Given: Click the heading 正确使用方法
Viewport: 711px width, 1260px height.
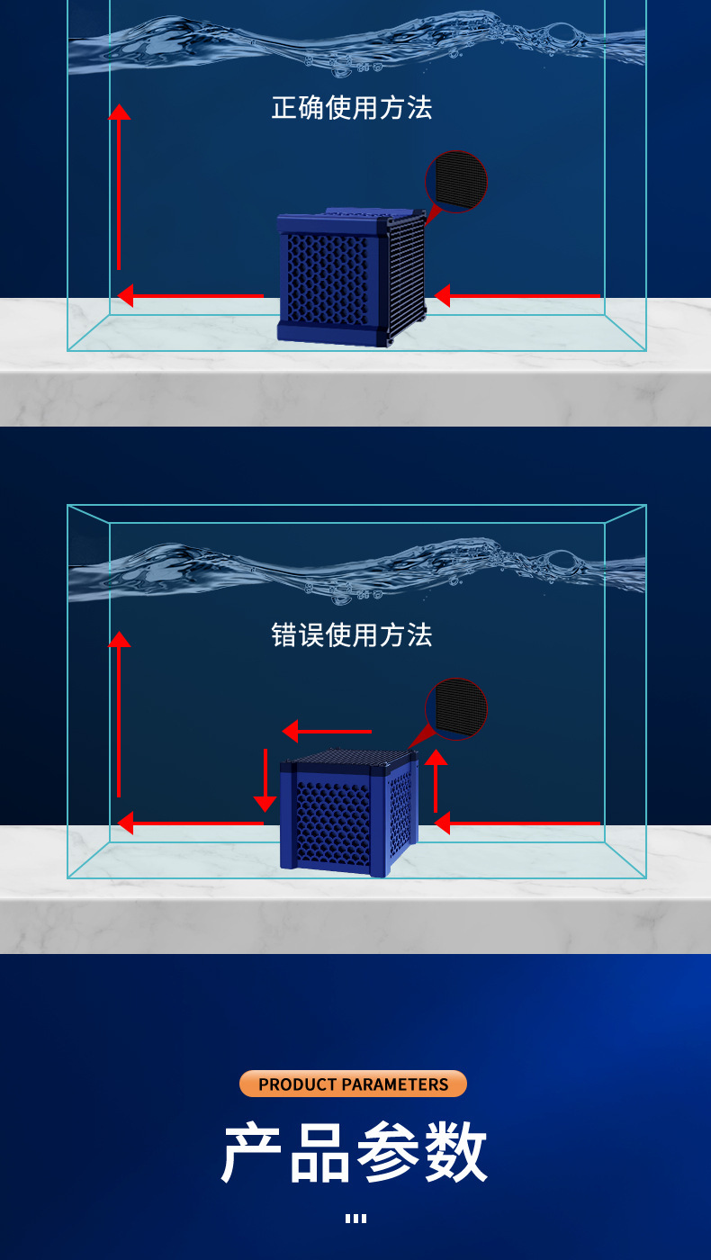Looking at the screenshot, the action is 352,108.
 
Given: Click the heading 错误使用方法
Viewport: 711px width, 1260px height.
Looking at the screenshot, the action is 352,635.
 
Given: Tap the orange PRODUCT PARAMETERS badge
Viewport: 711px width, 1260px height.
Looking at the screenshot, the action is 353,1084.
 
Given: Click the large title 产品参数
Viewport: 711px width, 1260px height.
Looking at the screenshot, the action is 354,1154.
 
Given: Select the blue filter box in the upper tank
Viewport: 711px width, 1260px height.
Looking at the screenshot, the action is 351,277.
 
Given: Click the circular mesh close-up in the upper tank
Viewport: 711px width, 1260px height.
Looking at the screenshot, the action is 456,182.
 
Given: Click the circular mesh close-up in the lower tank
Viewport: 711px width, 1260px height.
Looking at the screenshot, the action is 456,709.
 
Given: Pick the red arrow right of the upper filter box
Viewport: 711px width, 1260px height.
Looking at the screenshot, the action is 517,295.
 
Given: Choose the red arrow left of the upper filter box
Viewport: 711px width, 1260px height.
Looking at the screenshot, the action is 191,295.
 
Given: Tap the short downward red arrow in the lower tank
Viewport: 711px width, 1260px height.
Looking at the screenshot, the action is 265,779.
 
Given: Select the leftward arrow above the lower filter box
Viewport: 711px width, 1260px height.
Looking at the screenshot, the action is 327,732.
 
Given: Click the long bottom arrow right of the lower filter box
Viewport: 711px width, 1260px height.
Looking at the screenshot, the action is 517,823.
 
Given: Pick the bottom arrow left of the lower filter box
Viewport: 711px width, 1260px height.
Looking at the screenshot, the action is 191,823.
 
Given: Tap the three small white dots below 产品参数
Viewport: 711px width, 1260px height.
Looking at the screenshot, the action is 355,1219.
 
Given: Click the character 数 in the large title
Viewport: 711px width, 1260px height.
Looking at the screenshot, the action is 454,1154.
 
